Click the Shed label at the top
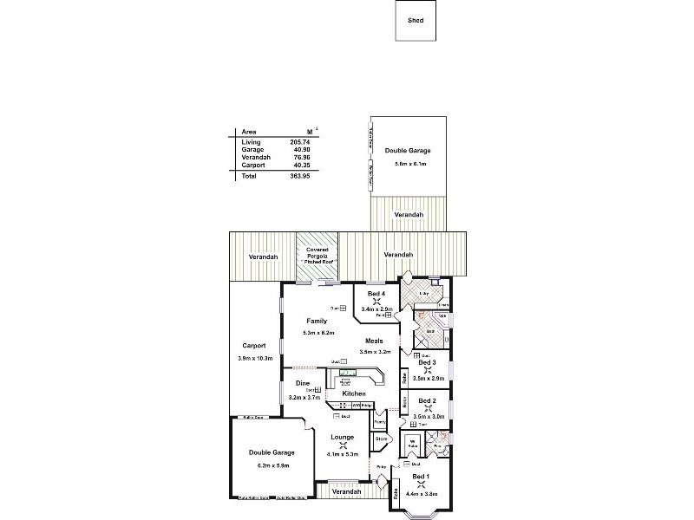click(x=416, y=20)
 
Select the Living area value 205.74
click(x=300, y=141)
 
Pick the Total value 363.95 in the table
click(x=300, y=176)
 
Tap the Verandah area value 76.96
click(x=300, y=156)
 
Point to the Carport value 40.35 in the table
click(x=300, y=164)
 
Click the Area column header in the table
click(x=248, y=132)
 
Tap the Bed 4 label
click(x=376, y=294)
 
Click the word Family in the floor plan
click(x=317, y=322)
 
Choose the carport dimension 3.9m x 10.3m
click(x=255, y=357)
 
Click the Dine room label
click(x=303, y=382)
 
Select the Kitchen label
click(x=353, y=393)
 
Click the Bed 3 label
click(x=427, y=361)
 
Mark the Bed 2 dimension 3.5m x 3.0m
click(x=429, y=417)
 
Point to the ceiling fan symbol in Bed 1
click(x=420, y=485)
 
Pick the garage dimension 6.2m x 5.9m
click(x=272, y=465)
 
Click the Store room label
click(x=381, y=439)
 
